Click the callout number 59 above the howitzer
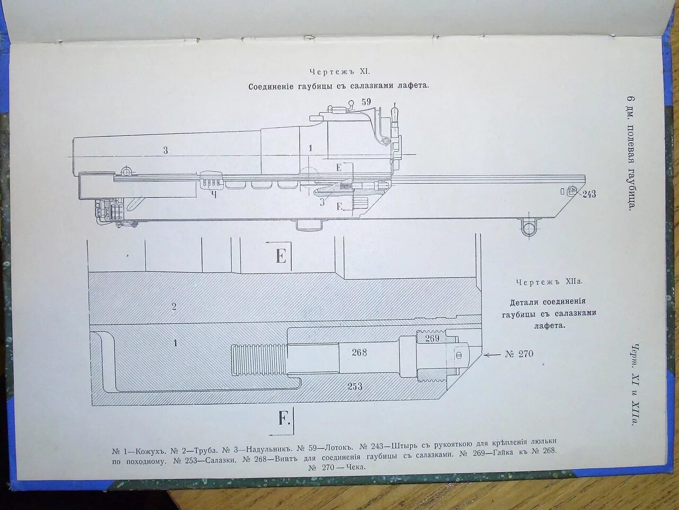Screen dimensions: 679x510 click(366, 101)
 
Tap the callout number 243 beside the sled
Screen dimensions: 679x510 click(589, 194)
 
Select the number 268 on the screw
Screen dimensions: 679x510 click(359, 352)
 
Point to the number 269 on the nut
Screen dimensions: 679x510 click(432, 338)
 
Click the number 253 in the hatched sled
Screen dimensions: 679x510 click(355, 386)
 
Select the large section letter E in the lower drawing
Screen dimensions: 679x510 click(281, 257)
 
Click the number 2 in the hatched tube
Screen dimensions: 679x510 click(174, 307)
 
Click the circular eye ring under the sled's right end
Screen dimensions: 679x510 click(528, 228)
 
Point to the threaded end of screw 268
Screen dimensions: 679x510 click(258, 359)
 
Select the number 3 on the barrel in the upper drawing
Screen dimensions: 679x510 click(166, 150)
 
